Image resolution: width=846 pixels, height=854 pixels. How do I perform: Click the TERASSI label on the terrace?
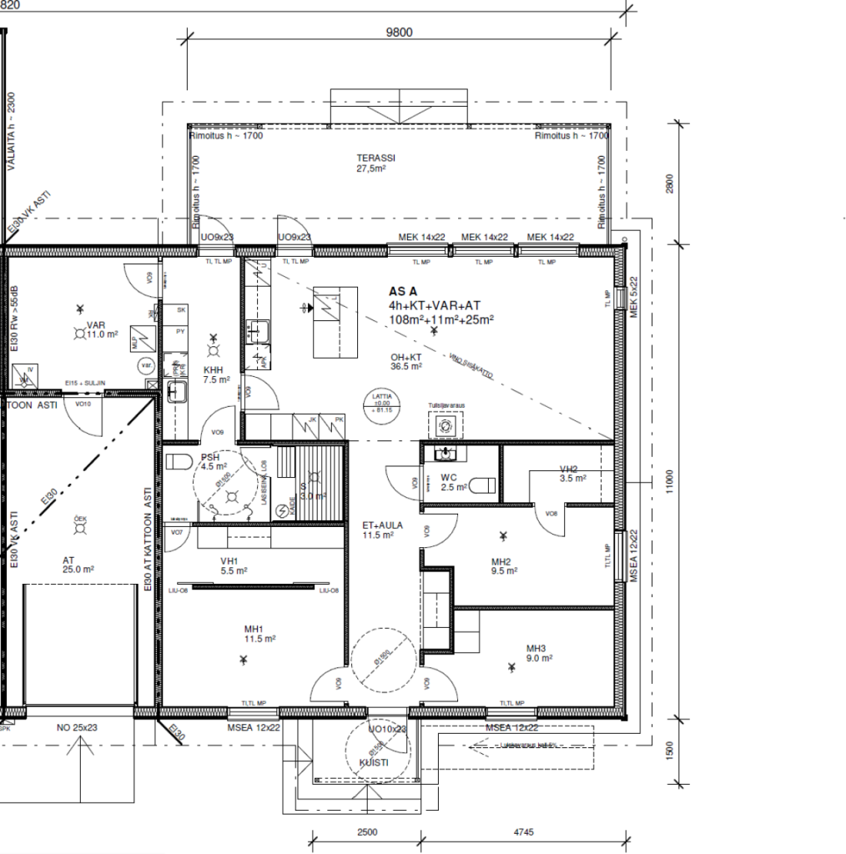(x=375, y=158)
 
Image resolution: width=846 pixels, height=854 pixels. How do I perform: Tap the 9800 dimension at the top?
(x=400, y=33)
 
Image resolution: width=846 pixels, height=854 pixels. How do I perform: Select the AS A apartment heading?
(x=403, y=292)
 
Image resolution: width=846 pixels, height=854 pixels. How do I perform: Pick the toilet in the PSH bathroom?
(x=176, y=462)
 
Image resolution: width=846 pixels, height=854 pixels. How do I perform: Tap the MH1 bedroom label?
(x=254, y=628)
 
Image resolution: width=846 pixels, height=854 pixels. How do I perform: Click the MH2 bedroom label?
(x=501, y=561)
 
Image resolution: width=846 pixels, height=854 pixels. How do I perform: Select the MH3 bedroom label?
(x=536, y=649)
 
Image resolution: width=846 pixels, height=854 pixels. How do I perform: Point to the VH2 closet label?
(x=569, y=470)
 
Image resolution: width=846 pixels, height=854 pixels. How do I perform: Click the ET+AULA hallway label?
(x=383, y=525)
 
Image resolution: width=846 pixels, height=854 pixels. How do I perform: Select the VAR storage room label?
(x=97, y=326)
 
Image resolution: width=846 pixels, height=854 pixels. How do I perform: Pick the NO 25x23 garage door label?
(x=78, y=728)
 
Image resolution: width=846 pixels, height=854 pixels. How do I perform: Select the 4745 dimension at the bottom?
(x=524, y=831)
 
